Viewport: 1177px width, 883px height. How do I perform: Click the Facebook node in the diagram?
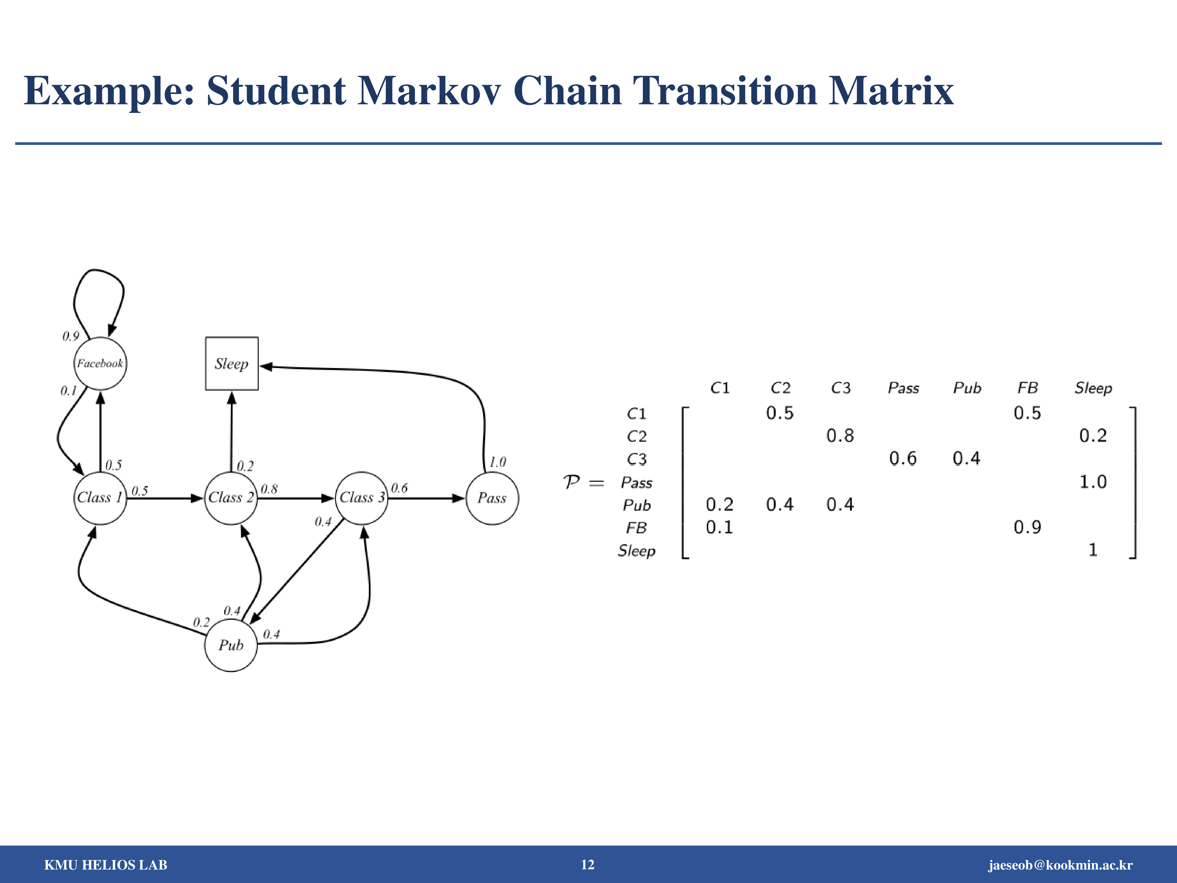click(100, 364)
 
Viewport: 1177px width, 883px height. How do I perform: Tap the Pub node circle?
click(231, 645)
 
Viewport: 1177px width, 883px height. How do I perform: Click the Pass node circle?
click(492, 498)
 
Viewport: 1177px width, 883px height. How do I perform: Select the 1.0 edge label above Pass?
click(497, 462)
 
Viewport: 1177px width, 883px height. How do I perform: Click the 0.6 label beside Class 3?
click(400, 488)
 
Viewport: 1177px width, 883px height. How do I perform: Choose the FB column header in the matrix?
click(1027, 388)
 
